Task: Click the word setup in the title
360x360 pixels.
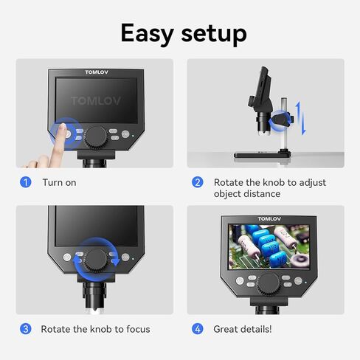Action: coord(214,35)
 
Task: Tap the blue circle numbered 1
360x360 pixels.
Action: coord(26,182)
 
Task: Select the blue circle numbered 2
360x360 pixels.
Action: coord(198,182)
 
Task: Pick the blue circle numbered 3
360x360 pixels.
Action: coord(26,329)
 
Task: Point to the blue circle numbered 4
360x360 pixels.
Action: coord(198,329)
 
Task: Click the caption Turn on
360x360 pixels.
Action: coord(59,183)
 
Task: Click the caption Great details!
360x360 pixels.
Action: coord(243,329)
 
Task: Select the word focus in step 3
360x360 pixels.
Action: coord(138,329)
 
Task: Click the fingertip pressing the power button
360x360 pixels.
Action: coord(63,128)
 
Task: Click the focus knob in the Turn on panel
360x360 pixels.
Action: coord(96,138)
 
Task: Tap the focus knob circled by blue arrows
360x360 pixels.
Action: coord(96,260)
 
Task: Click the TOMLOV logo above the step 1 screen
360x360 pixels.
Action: coord(97,72)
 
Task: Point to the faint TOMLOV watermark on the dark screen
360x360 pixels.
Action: coord(96,101)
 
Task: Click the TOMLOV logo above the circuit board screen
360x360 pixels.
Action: coord(269,219)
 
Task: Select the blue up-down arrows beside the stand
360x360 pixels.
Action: coord(301,118)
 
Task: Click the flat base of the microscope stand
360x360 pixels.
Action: coord(262,155)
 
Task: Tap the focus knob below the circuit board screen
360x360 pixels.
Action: coord(269,285)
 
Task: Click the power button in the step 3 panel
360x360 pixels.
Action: coord(67,257)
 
